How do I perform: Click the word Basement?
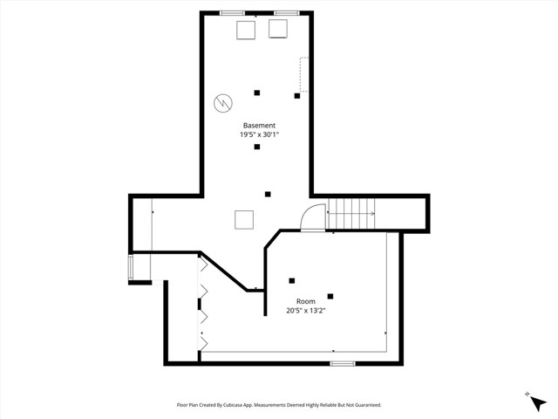(x=259, y=126)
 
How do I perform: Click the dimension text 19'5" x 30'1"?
(x=259, y=135)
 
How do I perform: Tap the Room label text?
(x=306, y=301)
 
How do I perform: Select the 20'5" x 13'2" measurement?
(x=306, y=311)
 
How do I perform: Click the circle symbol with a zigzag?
(x=222, y=102)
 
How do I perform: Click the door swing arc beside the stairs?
(x=310, y=218)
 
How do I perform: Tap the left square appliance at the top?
(x=247, y=30)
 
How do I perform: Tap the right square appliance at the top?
(x=277, y=30)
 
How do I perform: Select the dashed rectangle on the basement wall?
(x=304, y=75)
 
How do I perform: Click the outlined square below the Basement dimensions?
(x=244, y=219)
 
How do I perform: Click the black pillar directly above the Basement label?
(x=257, y=93)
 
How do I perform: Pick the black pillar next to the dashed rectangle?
(x=296, y=96)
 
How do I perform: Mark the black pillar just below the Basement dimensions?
(x=257, y=147)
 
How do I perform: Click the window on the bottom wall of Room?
(x=343, y=362)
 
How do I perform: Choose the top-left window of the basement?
(x=232, y=12)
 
